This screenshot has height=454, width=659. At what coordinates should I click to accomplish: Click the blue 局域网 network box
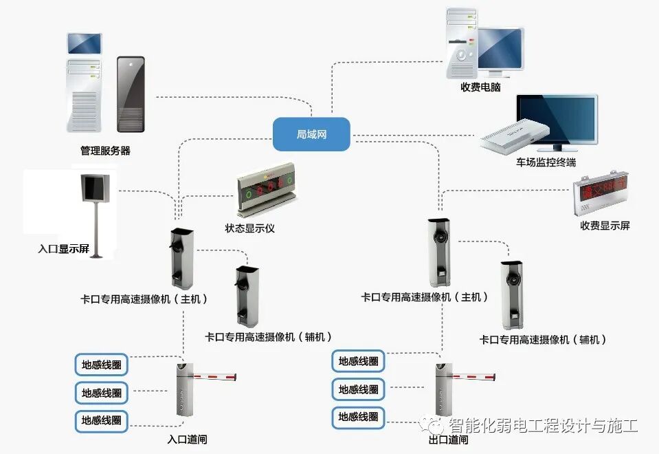(x=311, y=134)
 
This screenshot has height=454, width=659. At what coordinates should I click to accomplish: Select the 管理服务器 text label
(x=105, y=150)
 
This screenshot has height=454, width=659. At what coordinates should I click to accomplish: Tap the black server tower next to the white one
(x=131, y=94)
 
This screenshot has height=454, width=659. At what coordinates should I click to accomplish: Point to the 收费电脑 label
(x=480, y=87)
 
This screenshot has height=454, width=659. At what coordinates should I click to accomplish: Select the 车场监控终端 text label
(x=546, y=163)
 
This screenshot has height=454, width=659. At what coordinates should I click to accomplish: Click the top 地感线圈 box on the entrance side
(x=102, y=363)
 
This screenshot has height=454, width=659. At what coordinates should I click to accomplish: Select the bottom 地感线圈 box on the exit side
(x=358, y=416)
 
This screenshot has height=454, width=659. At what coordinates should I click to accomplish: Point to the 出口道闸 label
(x=448, y=440)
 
